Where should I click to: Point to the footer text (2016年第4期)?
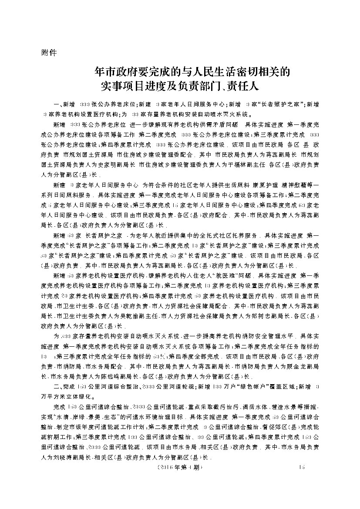click(176, 467)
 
